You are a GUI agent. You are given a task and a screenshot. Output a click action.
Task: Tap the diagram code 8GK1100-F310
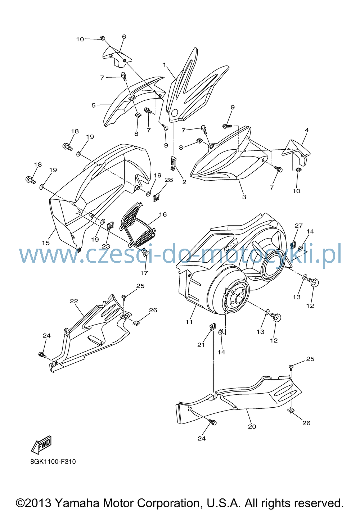coord(53,462)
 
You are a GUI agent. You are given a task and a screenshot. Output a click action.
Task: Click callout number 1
coord(165,65)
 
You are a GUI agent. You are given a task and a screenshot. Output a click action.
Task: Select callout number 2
coord(184,182)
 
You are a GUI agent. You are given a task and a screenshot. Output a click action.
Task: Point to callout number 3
coord(244,197)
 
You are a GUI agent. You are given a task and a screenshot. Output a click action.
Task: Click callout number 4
coord(307,130)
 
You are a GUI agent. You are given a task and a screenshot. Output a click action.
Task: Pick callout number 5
coord(94,105)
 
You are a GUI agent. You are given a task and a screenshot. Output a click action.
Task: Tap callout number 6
coord(124,37)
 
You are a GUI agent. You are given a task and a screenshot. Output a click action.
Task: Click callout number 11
coord(189,322)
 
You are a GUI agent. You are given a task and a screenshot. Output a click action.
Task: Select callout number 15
coord(46,243)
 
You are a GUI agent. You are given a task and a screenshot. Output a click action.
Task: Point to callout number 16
coord(163,214)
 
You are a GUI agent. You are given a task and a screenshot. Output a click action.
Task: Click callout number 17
coord(144,273)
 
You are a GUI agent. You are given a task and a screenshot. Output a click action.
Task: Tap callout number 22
coord(74,301)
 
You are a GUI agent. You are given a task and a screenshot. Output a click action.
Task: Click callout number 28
coord(169,180)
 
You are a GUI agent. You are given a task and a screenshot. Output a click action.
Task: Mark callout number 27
coord(299,226)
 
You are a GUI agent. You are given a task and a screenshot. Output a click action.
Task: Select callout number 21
coord(201,345)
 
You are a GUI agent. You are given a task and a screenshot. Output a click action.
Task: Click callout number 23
coord(106,246)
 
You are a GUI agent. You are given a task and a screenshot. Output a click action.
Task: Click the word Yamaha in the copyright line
coord(77,503)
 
